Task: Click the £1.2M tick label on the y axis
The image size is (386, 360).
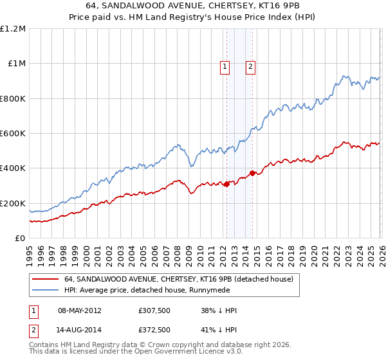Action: (13, 29)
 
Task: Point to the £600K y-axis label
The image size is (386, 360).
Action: (13, 134)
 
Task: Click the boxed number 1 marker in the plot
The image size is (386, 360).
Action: (225, 66)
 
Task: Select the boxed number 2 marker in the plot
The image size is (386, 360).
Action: (250, 66)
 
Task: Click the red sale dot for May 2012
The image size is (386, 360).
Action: (226, 184)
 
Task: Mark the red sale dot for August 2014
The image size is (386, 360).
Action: (253, 173)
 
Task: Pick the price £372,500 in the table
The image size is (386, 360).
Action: (154, 330)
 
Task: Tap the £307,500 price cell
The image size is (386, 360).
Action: (154, 310)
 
